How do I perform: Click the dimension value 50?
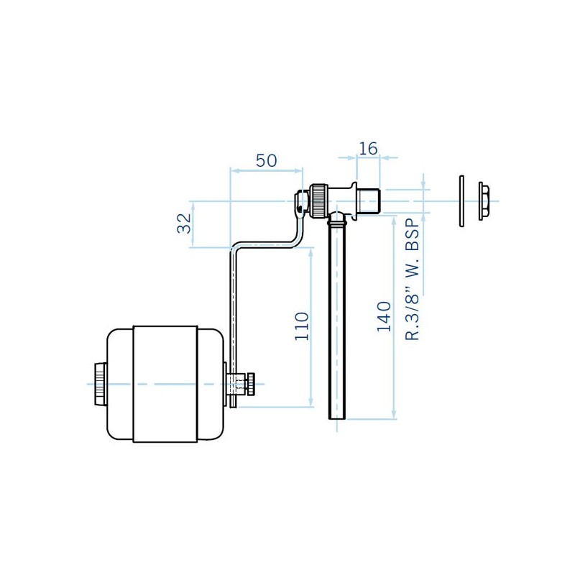(266, 160)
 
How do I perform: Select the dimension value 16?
(368, 149)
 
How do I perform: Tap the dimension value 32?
(184, 224)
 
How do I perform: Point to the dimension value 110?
(302, 326)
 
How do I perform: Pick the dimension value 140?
(384, 316)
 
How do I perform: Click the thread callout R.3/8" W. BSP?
(412, 280)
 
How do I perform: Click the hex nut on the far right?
(483, 201)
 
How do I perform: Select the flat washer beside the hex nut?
(461, 201)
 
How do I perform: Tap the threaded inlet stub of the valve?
(369, 201)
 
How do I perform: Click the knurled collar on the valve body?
(318, 201)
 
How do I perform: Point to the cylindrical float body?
(165, 384)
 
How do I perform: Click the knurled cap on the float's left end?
(100, 384)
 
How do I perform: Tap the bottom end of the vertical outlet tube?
(337, 418)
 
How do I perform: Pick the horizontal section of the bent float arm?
(263, 244)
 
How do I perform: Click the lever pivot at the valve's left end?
(301, 202)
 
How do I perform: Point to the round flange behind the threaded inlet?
(354, 201)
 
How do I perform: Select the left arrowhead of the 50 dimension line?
(235, 170)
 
